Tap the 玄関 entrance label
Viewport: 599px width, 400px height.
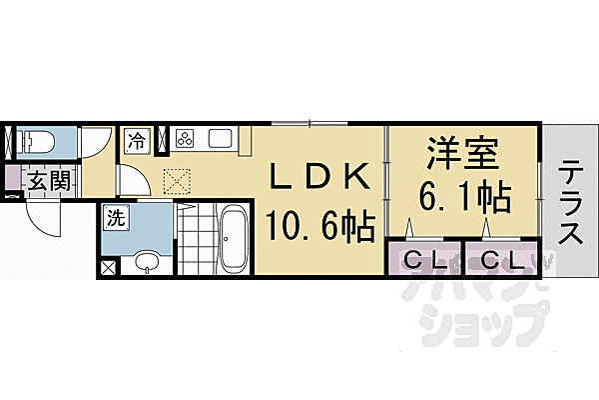pos(50,181)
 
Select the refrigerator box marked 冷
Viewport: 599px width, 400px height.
pos(138,141)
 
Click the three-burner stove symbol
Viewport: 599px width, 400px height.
pos(185,139)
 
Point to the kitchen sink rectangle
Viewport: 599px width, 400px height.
pos(221,139)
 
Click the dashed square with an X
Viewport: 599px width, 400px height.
pos(177,181)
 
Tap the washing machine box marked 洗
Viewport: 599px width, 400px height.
pos(116,218)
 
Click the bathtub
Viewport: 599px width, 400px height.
pos(233,238)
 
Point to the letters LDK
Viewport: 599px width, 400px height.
pos(320,177)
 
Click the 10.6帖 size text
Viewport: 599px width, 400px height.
pos(320,225)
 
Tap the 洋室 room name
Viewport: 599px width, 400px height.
pos(463,153)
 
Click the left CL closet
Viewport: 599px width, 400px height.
pos(425,258)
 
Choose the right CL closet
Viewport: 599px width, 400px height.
pos(502,258)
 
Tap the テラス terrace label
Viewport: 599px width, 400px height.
pos(571,202)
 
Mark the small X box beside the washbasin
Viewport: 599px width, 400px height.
pos(108,267)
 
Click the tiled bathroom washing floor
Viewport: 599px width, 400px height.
pos(197,238)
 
